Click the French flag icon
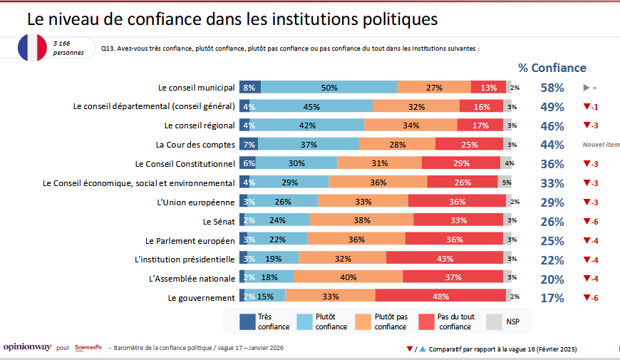click(x=33, y=47)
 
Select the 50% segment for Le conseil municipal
click(x=329, y=88)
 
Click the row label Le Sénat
click(x=219, y=221)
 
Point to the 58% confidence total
click(x=552, y=88)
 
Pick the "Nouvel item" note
click(x=601, y=145)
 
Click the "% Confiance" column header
click(x=552, y=68)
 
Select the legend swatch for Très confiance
click(x=247, y=321)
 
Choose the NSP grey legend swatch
click(x=494, y=321)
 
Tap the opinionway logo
click(x=27, y=348)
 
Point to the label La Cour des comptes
click(x=195, y=145)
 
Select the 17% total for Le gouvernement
click(x=552, y=298)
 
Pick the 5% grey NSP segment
click(x=507, y=182)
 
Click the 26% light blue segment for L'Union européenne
click(x=282, y=202)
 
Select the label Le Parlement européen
click(x=190, y=240)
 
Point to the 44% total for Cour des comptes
click(x=552, y=145)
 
